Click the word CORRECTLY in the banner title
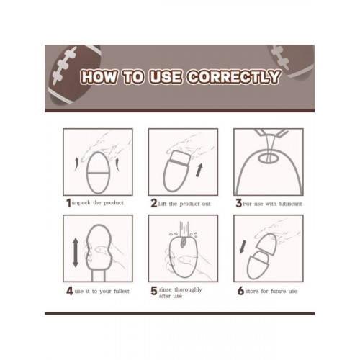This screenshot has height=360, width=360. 233,77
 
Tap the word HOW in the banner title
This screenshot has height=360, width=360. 99,77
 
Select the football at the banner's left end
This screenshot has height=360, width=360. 74,75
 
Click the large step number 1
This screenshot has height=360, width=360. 68,204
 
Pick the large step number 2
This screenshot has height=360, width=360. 154,204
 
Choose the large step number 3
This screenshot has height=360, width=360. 238,204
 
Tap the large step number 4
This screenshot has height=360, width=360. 70,291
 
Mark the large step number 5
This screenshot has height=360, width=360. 154,291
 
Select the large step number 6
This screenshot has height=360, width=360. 240,291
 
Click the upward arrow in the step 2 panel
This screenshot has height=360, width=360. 199,170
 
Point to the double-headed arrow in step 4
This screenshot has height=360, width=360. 76,253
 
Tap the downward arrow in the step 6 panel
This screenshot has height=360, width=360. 243,247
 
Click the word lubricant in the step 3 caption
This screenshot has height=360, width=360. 290,204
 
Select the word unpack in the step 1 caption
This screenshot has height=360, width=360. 81,203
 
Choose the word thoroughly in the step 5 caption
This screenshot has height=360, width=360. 188,289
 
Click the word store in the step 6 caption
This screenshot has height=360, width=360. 252,292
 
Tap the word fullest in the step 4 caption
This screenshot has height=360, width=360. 122,291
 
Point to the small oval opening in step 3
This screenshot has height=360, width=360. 268,158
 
